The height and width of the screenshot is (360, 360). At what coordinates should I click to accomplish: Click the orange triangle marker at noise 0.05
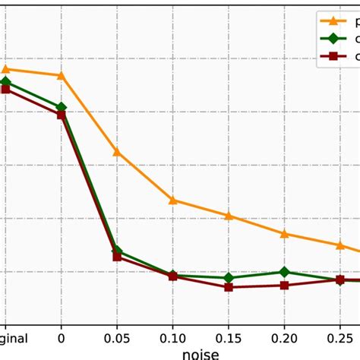[117, 152]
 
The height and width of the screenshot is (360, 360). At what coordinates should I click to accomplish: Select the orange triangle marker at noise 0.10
[173, 200]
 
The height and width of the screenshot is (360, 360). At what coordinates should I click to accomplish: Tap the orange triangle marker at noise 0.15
[229, 216]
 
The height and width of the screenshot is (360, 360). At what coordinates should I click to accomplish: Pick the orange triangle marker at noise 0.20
[284, 233]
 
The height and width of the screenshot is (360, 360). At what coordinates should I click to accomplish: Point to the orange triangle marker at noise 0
[62, 75]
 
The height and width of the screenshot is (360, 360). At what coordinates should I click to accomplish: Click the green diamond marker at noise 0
[62, 108]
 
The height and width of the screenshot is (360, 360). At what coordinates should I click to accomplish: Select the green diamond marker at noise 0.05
[117, 250]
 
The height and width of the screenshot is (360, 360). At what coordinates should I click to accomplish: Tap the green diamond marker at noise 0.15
[229, 278]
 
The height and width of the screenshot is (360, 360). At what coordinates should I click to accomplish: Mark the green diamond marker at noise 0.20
[284, 271]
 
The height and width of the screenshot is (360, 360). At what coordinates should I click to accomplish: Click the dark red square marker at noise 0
[62, 115]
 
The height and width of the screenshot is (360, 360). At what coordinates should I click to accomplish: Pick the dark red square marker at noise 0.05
[117, 257]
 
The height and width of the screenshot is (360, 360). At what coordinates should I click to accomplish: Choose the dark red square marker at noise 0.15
[229, 287]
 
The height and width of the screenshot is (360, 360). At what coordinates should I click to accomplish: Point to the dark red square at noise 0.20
[284, 286]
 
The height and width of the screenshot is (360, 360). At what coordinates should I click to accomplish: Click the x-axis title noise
[201, 353]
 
